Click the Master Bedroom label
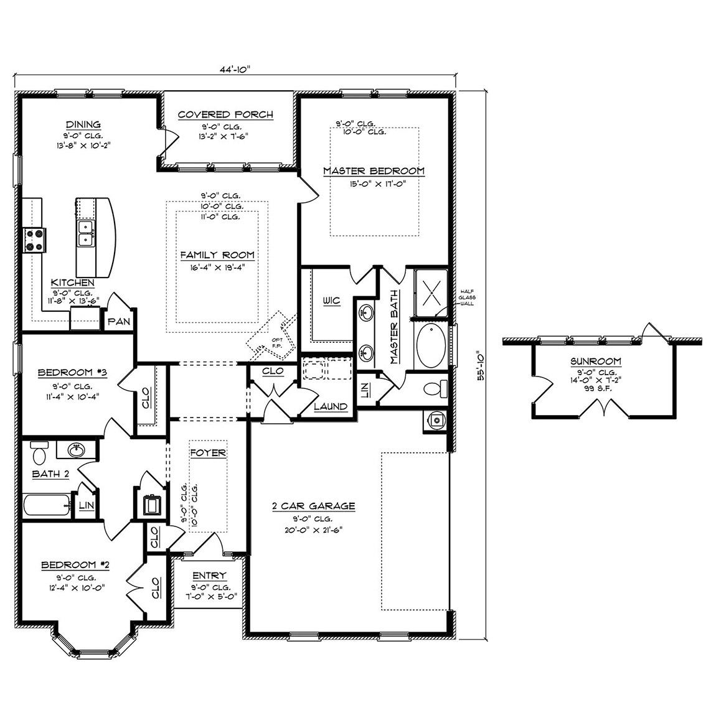tap(374, 170)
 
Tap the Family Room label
tap(217, 254)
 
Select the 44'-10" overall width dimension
tap(235, 70)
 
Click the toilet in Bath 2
tap(39, 452)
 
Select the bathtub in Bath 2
tap(47, 503)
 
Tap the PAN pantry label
tap(118, 322)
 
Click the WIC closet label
tap(331, 301)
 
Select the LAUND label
tap(331, 406)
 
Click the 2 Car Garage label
tap(314, 506)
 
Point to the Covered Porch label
tap(225, 114)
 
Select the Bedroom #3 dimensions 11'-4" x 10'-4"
tap(73, 394)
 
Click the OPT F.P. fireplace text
tap(277, 342)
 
